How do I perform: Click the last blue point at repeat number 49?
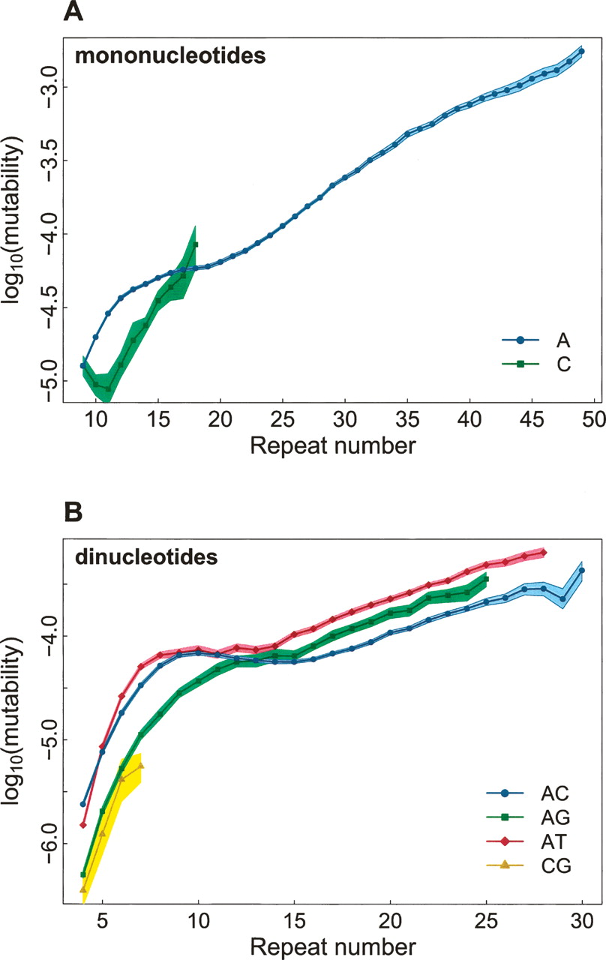click(x=581, y=51)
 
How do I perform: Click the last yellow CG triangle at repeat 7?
click(x=141, y=765)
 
